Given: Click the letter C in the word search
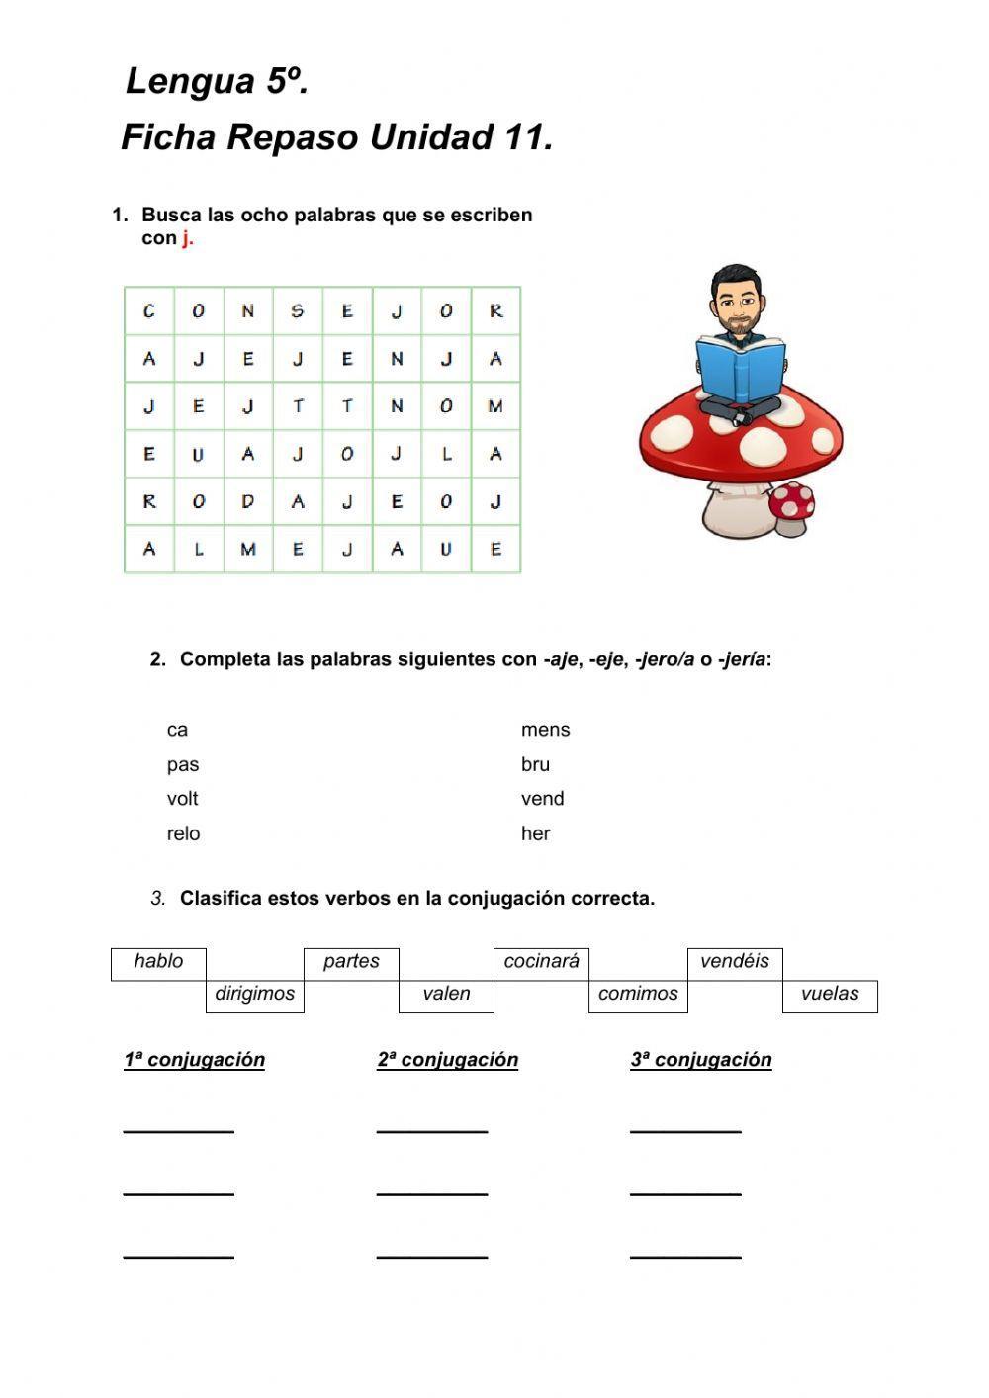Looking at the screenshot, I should click(149, 311).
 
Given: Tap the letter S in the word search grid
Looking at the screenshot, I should click(298, 311).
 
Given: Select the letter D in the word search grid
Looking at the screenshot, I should click(248, 502).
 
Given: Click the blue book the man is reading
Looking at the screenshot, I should click(741, 369).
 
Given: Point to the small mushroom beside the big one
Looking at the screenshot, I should click(792, 508).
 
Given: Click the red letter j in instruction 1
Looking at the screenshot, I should click(185, 238).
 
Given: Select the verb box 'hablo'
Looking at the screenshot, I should click(159, 962).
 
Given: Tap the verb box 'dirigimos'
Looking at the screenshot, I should click(255, 995).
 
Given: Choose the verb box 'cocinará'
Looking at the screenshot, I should click(542, 962).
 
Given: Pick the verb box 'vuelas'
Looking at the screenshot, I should click(830, 995).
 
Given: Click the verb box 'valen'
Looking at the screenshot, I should click(446, 995).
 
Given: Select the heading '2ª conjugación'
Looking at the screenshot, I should click(447, 1060).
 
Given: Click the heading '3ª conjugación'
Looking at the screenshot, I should click(700, 1060).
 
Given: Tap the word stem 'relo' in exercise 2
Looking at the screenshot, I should click(183, 833).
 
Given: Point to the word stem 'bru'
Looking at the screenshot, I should click(535, 764).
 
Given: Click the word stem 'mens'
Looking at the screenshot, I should click(545, 730).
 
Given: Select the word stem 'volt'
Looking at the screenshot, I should click(182, 799).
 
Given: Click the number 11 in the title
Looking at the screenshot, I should click(523, 137).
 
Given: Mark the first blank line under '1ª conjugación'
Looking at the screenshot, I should click(178, 1129).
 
